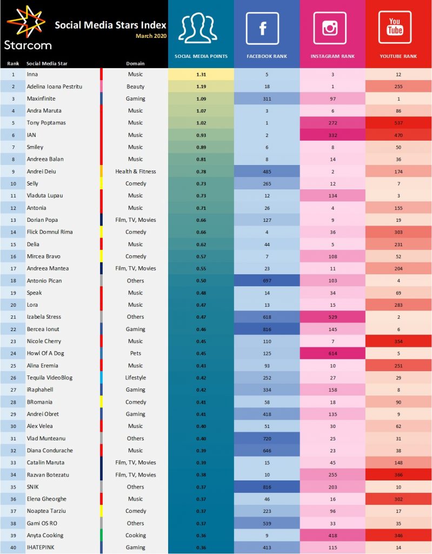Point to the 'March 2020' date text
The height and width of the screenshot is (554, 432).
coord(151,36)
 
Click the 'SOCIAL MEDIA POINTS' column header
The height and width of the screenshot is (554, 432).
coord(201,56)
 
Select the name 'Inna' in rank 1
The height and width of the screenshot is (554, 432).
coord(32,74)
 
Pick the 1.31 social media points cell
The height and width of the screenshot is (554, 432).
coord(201,74)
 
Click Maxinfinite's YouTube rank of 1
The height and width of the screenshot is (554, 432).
coord(398,98)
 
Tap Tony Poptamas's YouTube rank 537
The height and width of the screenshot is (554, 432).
coord(398,123)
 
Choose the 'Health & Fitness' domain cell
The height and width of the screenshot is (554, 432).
coord(135,172)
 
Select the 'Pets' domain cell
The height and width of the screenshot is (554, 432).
coord(135,353)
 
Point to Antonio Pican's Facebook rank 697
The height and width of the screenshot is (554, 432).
coord(267,281)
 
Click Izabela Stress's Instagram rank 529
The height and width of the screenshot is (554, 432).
coord(333,317)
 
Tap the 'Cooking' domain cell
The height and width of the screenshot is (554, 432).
coord(135,536)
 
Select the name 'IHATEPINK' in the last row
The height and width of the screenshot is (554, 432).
coord(40,548)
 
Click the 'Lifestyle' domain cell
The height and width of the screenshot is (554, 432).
coord(135,378)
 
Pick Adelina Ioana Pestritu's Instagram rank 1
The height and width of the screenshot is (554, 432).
coord(333,87)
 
